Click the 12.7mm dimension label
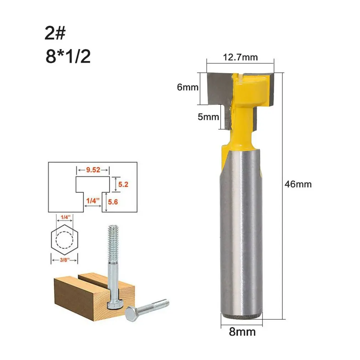click(240, 57)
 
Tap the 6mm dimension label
click(187, 87)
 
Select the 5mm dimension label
click(208, 117)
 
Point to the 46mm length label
click(298, 184)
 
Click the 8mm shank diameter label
click(242, 332)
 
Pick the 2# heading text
click(55, 33)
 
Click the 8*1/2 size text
click(68, 56)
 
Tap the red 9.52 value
click(93, 170)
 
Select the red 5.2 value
click(123, 184)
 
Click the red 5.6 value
click(113, 202)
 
